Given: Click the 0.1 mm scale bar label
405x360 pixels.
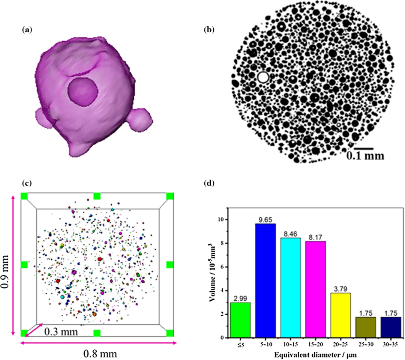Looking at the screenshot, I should tap(365, 155).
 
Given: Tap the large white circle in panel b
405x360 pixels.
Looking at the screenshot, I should tap(263, 77).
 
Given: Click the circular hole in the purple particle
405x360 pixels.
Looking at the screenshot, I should tap(83, 91).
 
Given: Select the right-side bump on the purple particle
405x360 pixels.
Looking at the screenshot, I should tap(139, 118).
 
